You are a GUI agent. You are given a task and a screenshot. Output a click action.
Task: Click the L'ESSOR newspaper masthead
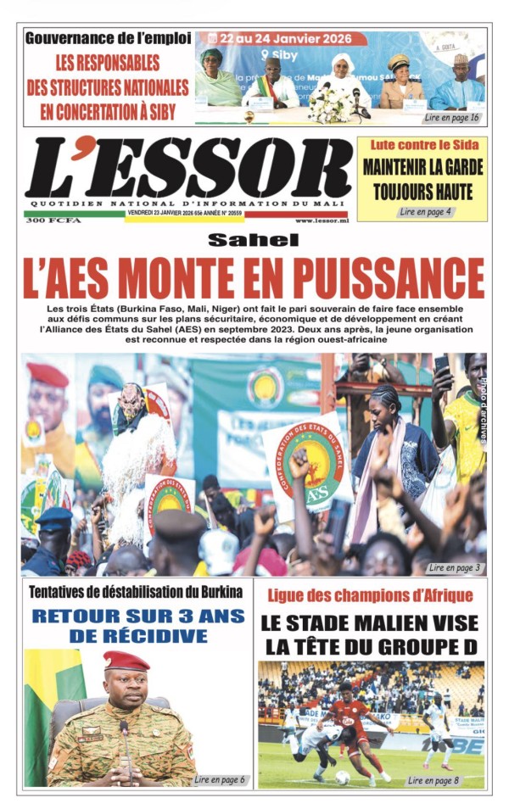point(187,167)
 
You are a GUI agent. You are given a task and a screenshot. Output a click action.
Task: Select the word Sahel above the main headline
point(254,240)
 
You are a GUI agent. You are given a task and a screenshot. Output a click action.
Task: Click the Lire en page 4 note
point(425,211)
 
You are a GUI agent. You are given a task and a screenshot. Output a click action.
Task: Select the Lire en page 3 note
point(456,566)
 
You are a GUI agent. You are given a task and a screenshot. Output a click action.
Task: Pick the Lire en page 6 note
point(220,778)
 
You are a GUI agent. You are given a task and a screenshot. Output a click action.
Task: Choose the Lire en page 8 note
point(433,778)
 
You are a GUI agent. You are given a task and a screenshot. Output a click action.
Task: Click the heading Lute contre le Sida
point(422,145)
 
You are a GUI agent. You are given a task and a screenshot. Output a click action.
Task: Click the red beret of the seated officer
point(126,661)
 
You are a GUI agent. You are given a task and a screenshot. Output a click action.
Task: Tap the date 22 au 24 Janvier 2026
point(288,39)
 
